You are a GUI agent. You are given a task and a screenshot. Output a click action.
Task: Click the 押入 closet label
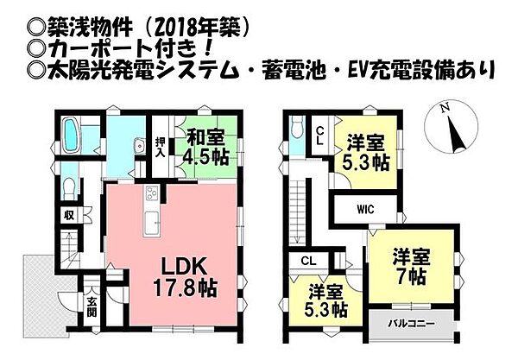pyautogui.click(x=161, y=144)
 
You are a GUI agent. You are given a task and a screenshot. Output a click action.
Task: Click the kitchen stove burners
pyautogui.click(x=152, y=192)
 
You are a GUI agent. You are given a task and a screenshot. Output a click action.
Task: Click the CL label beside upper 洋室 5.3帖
pyautogui.click(x=319, y=136)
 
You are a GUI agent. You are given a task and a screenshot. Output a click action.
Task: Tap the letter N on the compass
pyautogui.click(x=442, y=110)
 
